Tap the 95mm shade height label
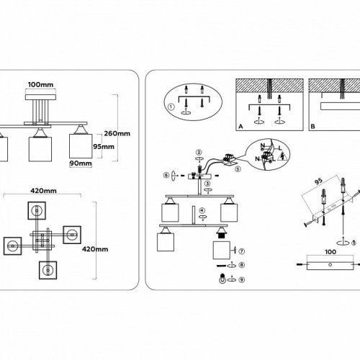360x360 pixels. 106,147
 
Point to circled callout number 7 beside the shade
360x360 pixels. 241,251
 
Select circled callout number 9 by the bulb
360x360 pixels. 241,279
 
